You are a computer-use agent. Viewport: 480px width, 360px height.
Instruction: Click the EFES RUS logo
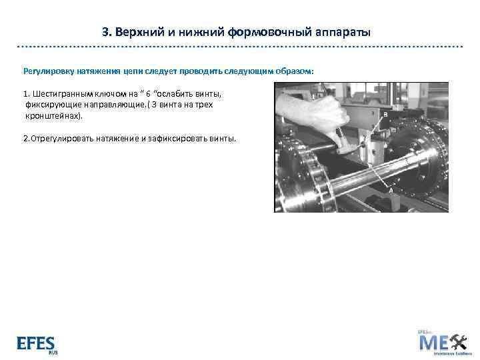[x=36, y=343]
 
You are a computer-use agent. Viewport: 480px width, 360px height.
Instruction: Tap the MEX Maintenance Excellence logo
[x=442, y=342]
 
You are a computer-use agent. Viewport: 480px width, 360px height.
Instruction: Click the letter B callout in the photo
[x=385, y=115]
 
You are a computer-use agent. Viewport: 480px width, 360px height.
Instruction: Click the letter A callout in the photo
[x=391, y=190]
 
